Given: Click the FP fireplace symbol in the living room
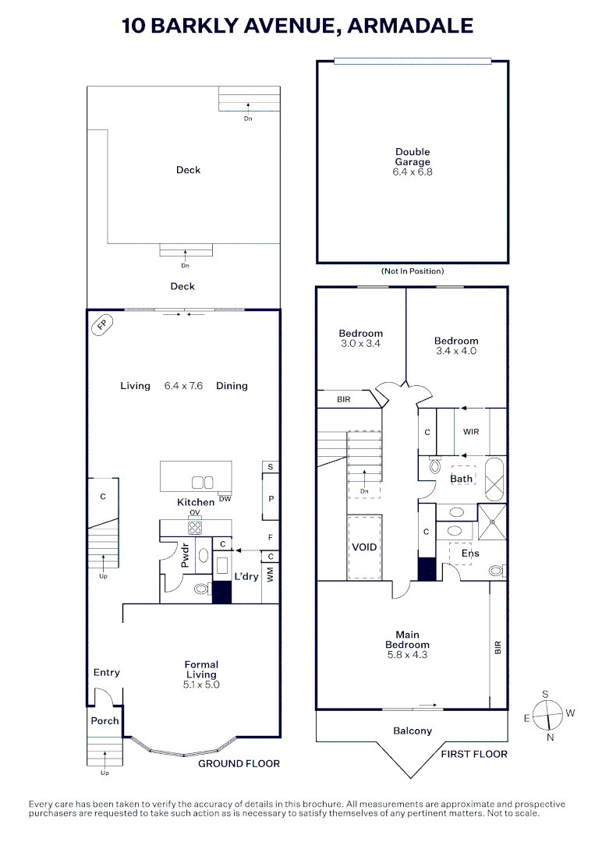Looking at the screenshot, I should click(x=101, y=324).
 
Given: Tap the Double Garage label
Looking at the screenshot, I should click(x=413, y=157).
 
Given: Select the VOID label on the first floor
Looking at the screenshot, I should click(x=364, y=547).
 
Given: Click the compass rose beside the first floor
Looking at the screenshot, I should click(x=550, y=713).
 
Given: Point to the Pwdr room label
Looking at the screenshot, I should click(x=186, y=552).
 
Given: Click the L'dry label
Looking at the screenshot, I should click(x=246, y=576).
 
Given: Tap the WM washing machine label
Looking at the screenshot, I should click(x=271, y=575).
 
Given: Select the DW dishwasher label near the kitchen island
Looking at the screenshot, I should click(x=225, y=499).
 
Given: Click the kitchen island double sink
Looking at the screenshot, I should click(x=203, y=483).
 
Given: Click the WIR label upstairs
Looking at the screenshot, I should click(x=471, y=431).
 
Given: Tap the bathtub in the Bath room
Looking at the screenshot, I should click(x=494, y=479).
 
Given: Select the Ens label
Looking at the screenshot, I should click(x=470, y=553).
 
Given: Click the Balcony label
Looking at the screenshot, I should click(x=412, y=731).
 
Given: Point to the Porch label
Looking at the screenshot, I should click(x=104, y=720).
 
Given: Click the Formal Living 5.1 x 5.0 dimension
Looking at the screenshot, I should click(x=201, y=685).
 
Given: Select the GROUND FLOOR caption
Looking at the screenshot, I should click(x=239, y=763).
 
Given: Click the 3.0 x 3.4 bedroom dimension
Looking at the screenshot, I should click(x=361, y=343).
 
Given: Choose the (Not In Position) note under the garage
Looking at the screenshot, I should click(x=412, y=271).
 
